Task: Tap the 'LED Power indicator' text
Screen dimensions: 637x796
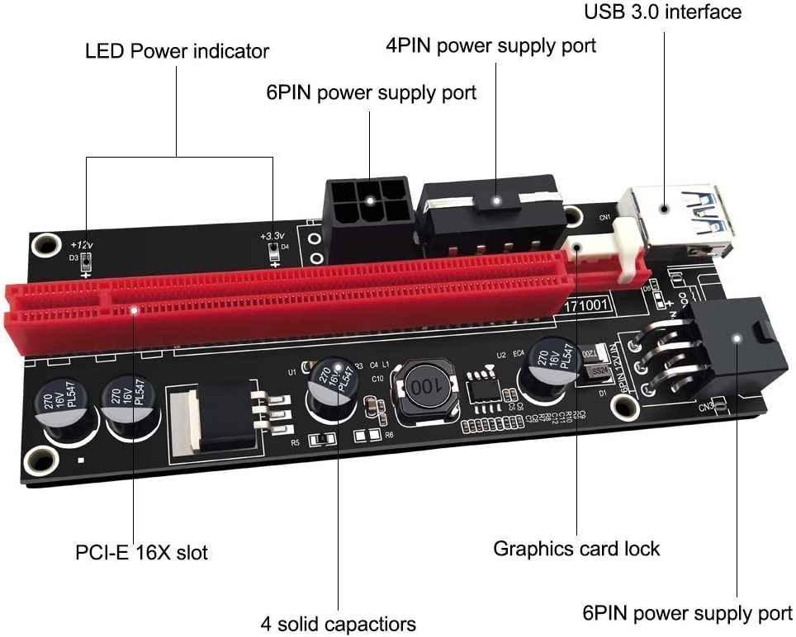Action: [177, 51]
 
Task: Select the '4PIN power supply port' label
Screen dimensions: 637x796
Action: [490, 45]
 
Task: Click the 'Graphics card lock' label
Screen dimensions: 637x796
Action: [576, 548]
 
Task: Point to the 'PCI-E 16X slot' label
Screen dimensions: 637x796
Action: [141, 551]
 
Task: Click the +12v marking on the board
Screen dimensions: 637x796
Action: [82, 245]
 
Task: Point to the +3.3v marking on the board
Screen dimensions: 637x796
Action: [272, 237]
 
